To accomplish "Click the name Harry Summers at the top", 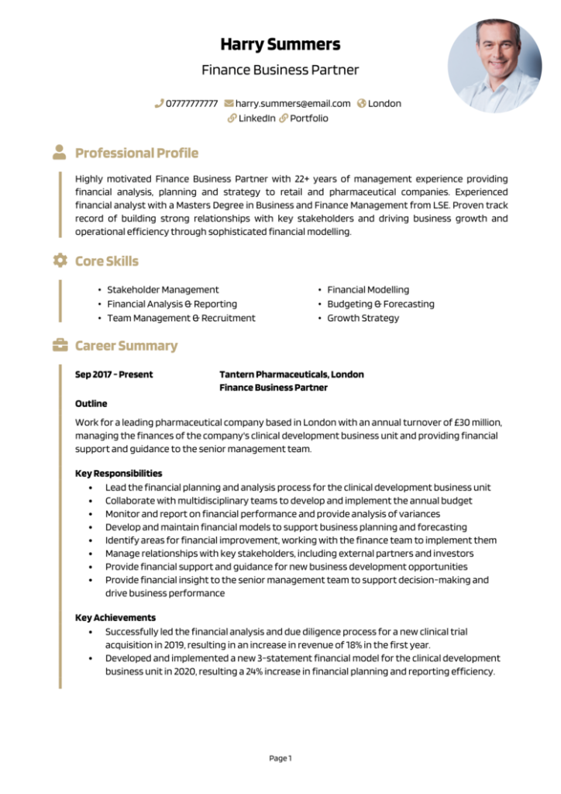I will tap(280, 43).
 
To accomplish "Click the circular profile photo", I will tap(494, 65).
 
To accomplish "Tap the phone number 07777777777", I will tap(191, 103).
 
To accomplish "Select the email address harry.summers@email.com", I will tap(293, 103).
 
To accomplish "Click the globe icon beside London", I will tap(361, 103).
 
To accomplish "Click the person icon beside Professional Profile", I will tap(60, 152).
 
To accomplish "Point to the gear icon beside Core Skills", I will tap(60, 261).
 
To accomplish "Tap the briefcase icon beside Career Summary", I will tap(60, 345).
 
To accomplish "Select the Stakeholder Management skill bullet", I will tap(163, 289).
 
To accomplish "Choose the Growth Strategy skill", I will tap(363, 318).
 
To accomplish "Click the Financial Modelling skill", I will tap(367, 289).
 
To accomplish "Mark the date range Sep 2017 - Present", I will tap(114, 375).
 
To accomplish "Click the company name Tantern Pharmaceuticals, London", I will tap(291, 375).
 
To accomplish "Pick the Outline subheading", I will tap(91, 403).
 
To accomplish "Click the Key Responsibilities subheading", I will tap(119, 473).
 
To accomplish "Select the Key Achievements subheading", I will tap(115, 618).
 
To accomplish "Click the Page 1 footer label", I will tap(280, 758).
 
